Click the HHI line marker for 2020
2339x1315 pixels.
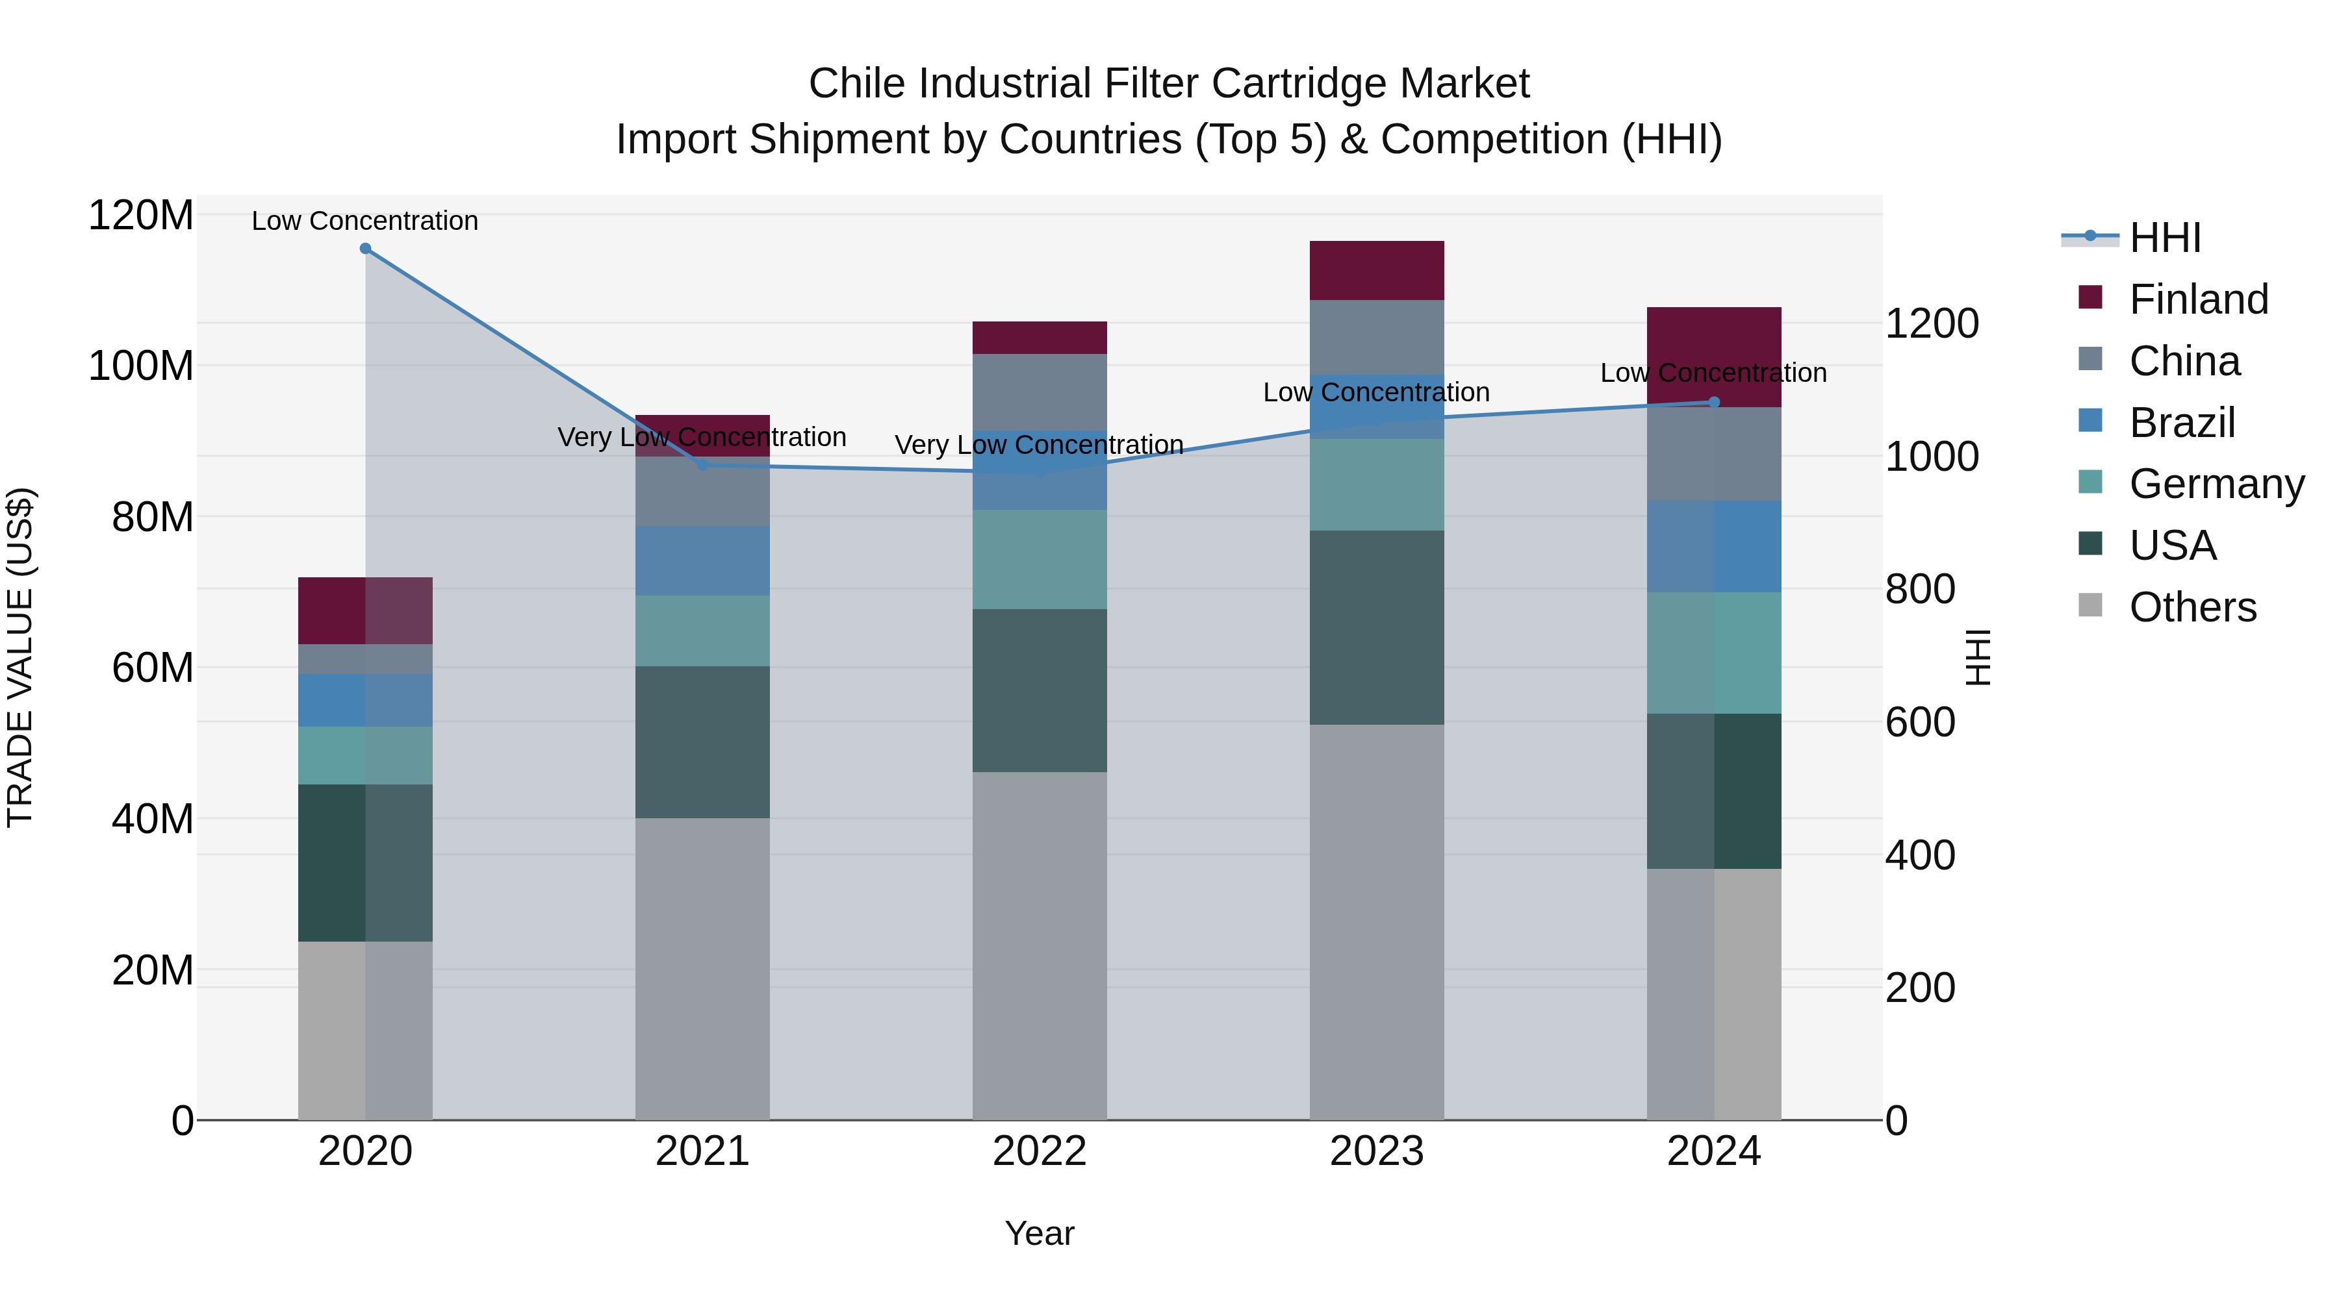[365, 249]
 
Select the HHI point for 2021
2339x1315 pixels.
[702, 465]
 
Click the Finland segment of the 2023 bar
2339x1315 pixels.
[1377, 270]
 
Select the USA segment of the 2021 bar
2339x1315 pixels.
[702, 742]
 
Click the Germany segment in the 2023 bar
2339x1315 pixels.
[1377, 484]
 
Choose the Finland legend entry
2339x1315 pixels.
[2198, 299]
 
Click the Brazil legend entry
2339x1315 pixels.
[2182, 423]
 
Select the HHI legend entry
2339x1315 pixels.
[2165, 238]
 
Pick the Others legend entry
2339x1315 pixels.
[2192, 607]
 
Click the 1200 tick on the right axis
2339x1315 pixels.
[1932, 324]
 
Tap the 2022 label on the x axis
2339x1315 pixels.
[1040, 1151]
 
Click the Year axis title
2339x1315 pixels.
[1040, 1233]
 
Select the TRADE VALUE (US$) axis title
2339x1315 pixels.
[21, 657]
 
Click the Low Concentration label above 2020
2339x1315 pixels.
[365, 221]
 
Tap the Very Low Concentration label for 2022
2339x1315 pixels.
[1040, 445]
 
